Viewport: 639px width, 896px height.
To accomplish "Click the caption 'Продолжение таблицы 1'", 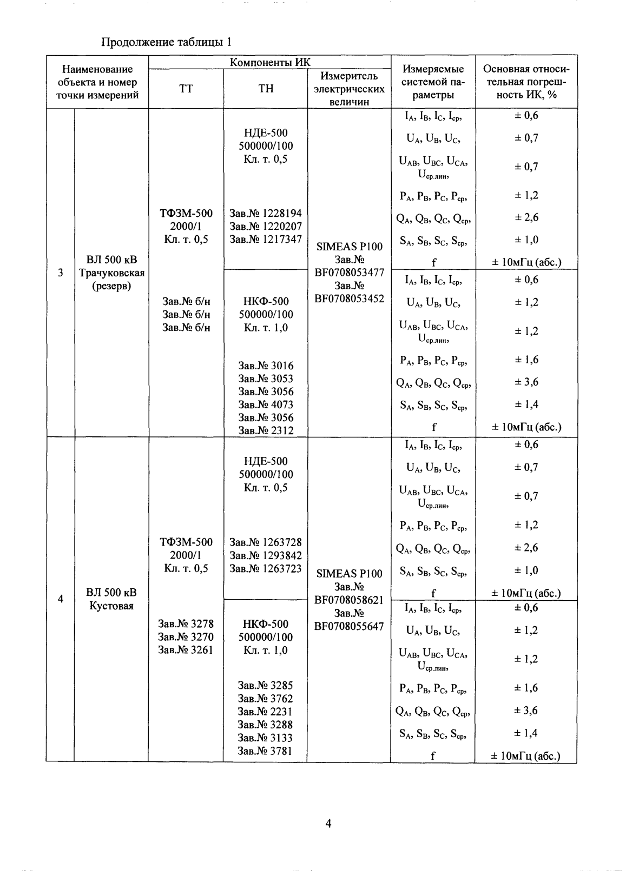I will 167,42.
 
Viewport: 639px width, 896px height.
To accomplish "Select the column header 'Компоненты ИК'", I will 270,62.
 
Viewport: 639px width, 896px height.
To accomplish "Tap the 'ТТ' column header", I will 186,89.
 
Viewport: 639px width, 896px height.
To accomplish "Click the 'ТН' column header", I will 266,89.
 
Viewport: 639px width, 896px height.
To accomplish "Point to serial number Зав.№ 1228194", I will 266,213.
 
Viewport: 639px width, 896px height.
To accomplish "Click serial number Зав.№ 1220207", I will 266,226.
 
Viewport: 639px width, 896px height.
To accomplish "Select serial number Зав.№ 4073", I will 266,404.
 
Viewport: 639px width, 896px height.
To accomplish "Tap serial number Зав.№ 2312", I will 266,430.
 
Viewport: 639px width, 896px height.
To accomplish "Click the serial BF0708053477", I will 349,273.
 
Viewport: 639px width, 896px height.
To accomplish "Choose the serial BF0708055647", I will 349,626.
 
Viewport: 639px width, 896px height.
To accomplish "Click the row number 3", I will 60,273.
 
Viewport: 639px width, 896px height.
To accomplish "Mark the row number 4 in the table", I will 60,599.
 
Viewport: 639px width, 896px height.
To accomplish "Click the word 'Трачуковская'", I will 111,273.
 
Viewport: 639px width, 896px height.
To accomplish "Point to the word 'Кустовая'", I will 111,606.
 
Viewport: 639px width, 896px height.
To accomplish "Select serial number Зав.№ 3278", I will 186,624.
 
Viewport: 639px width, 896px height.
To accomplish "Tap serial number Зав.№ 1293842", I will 266,555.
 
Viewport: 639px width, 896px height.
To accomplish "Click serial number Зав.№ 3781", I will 266,751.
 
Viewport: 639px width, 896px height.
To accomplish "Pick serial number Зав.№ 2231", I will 266,712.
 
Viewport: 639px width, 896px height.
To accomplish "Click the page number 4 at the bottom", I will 328,824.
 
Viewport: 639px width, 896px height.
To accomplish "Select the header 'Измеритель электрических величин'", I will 349,89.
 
